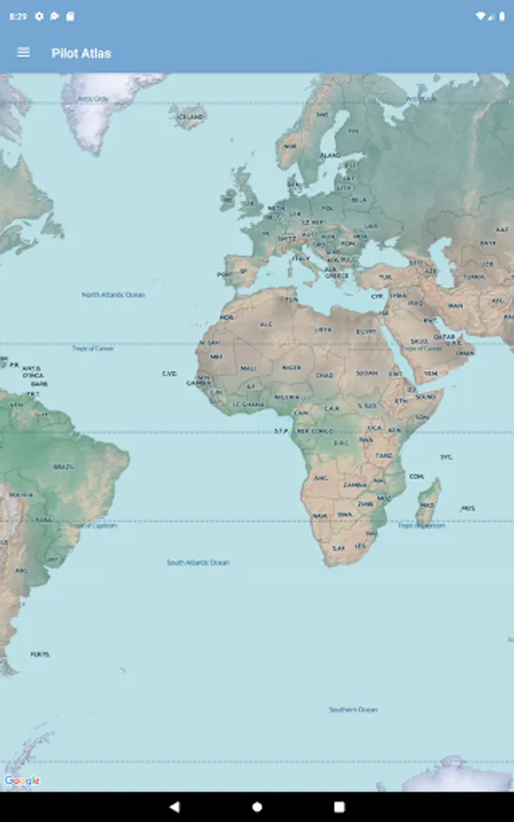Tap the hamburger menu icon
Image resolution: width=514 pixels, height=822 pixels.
24,53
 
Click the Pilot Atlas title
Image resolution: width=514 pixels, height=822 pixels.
81,53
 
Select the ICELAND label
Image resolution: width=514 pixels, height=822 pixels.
191,117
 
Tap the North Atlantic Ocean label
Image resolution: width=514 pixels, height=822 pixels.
113,295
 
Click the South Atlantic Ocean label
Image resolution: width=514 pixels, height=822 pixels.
198,563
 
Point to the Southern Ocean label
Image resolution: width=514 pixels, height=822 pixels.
353,710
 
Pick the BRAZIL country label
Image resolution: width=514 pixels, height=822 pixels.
63,467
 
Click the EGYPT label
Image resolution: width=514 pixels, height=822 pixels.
366,331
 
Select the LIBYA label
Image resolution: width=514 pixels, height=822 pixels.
323,329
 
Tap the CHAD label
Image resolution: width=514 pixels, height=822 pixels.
325,374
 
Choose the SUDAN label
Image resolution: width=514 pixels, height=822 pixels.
367,374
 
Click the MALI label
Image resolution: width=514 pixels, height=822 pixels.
248,368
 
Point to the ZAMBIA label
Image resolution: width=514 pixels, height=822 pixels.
354,485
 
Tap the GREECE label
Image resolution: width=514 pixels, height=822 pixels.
337,275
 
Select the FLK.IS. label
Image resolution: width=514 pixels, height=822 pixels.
40,655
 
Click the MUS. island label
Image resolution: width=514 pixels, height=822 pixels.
468,508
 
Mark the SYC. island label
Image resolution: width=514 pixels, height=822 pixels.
446,456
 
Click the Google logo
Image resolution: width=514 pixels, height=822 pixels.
22,781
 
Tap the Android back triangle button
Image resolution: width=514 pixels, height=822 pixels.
174,807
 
